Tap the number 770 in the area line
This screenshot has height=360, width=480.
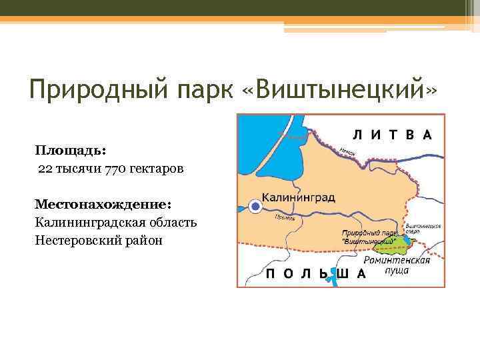[116, 169]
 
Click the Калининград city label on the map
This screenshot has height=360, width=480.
[298, 198]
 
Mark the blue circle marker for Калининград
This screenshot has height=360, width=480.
[254, 207]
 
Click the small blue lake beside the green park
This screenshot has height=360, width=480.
[406, 238]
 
